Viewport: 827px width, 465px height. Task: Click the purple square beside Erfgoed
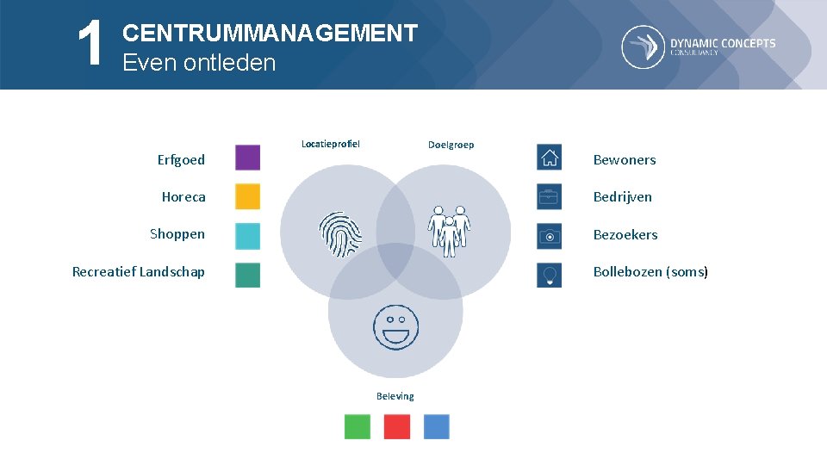point(247,158)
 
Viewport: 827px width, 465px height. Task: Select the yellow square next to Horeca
point(247,196)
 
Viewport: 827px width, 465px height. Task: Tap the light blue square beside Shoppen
point(247,235)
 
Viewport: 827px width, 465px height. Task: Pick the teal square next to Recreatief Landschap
point(247,275)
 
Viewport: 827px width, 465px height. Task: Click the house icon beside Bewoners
point(549,158)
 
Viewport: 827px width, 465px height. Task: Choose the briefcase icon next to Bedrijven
point(549,196)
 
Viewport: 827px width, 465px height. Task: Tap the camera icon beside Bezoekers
point(549,235)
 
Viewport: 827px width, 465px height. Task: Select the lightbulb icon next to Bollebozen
point(549,275)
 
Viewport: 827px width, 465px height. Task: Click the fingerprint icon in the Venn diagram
point(341,235)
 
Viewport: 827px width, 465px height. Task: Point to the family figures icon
point(449,231)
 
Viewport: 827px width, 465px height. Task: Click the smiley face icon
point(395,326)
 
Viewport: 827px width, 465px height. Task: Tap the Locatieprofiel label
point(331,143)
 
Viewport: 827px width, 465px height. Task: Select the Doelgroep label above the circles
point(451,144)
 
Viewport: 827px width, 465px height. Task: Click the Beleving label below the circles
point(395,396)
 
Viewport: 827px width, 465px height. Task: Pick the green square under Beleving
point(358,426)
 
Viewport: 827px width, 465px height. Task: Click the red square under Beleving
point(396,426)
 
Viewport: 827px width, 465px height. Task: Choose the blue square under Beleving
point(436,426)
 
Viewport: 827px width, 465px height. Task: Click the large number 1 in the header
point(90,45)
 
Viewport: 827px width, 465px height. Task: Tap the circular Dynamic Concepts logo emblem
point(643,46)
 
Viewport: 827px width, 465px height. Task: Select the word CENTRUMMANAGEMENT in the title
point(270,34)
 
